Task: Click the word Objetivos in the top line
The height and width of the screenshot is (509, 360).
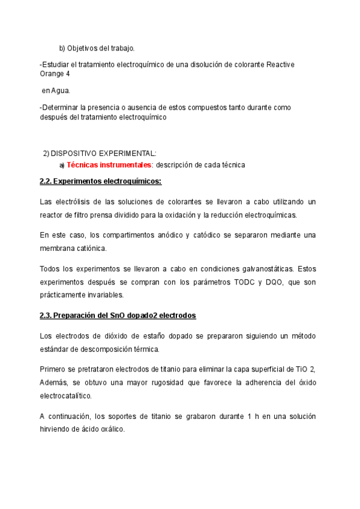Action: (x=82, y=48)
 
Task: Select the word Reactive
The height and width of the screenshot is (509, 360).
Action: (x=280, y=64)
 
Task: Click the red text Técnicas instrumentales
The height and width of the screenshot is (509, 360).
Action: (x=109, y=164)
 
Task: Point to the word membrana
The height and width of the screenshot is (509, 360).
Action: (x=58, y=248)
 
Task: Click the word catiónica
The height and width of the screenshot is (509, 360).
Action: (x=91, y=248)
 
